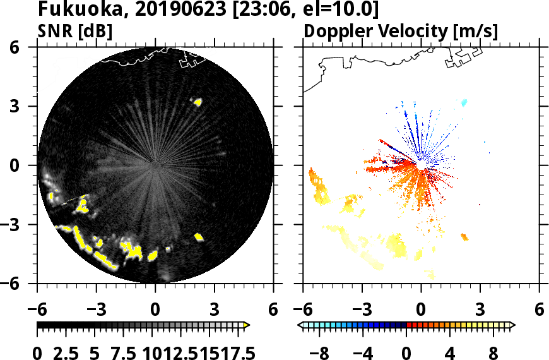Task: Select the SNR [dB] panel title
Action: [75, 31]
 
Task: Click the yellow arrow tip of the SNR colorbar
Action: [247, 325]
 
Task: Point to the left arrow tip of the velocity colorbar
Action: [300, 325]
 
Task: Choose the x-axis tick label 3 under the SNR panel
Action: [215, 310]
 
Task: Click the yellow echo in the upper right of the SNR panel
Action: [198, 101]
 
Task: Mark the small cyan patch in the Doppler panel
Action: [464, 102]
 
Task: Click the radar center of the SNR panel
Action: [155, 165]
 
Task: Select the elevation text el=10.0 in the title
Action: [341, 9]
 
